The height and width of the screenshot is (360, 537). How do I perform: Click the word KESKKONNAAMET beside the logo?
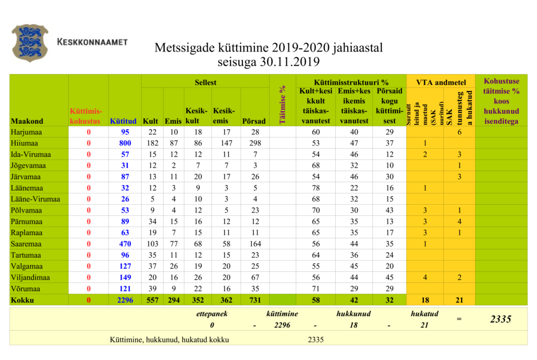(92, 41)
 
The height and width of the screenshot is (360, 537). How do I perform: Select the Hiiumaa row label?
(25, 143)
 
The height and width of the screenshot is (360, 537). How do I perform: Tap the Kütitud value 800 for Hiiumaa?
(124, 143)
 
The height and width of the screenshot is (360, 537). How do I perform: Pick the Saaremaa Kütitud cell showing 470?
(124, 244)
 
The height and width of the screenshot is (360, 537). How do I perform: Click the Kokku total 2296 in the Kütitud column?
(124, 300)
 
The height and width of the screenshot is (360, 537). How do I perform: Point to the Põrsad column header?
(254, 121)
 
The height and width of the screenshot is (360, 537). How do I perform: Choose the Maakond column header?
(27, 121)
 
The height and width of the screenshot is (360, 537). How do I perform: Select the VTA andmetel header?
(441, 82)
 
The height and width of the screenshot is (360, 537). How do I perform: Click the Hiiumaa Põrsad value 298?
(254, 143)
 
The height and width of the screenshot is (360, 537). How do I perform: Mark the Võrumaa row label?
(25, 289)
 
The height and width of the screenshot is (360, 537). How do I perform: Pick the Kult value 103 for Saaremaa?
(152, 244)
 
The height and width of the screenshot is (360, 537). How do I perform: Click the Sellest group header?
(205, 82)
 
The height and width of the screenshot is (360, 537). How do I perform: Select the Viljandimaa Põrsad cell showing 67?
(254, 278)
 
